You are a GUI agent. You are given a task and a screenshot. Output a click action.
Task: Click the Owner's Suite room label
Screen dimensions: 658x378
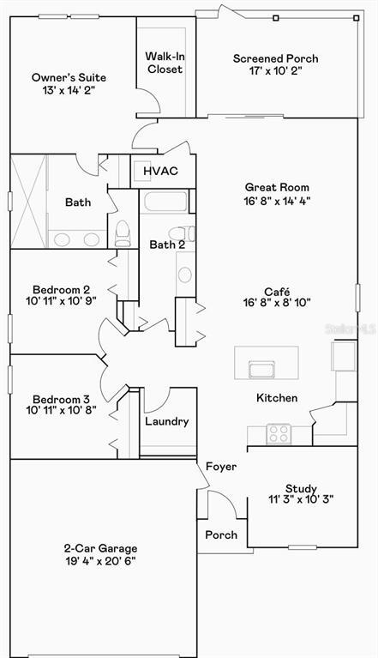(69, 77)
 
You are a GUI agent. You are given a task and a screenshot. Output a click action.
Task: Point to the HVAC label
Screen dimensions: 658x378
(160, 171)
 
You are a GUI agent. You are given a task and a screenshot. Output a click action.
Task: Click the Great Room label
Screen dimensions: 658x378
(276, 187)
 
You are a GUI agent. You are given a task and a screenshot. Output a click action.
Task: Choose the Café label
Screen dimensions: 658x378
(277, 291)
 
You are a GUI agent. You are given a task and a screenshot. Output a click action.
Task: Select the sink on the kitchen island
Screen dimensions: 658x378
(261, 370)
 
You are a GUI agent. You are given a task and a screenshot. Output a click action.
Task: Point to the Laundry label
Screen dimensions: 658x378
(166, 422)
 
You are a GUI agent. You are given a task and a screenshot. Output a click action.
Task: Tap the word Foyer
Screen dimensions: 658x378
(221, 466)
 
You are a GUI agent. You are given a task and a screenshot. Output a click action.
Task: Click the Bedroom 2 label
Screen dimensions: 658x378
(62, 290)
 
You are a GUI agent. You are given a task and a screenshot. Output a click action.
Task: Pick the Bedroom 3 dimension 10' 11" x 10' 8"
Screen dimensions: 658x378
(62, 411)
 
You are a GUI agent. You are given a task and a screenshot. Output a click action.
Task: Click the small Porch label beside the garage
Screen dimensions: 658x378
(221, 534)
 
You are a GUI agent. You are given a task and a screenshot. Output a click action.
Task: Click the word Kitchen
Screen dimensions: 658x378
(277, 398)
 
